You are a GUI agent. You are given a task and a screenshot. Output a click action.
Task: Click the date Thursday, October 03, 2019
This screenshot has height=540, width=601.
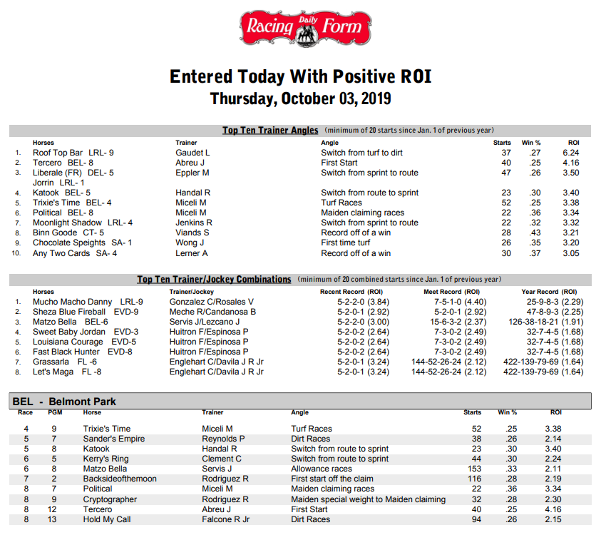pos(300,98)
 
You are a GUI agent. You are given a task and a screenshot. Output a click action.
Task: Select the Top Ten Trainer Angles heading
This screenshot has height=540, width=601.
pos(271,131)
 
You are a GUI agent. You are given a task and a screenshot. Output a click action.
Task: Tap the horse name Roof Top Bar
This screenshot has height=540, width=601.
pos(58,153)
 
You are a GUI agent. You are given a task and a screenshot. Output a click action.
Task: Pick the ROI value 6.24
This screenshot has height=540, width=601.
pos(570,153)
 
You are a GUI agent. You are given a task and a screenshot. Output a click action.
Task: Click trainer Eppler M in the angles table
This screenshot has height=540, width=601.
pos(192,173)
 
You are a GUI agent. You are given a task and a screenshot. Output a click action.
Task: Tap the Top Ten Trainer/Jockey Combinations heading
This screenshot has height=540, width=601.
pos(214,279)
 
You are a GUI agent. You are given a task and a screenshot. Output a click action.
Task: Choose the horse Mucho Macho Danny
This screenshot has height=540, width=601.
pos(73,302)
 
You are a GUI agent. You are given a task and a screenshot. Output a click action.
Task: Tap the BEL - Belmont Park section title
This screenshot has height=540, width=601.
pos(64,402)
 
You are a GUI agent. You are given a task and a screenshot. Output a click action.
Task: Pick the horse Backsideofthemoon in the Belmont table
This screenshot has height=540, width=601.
pos(119,479)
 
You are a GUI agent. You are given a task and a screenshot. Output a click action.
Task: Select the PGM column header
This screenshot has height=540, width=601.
pos(54,412)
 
